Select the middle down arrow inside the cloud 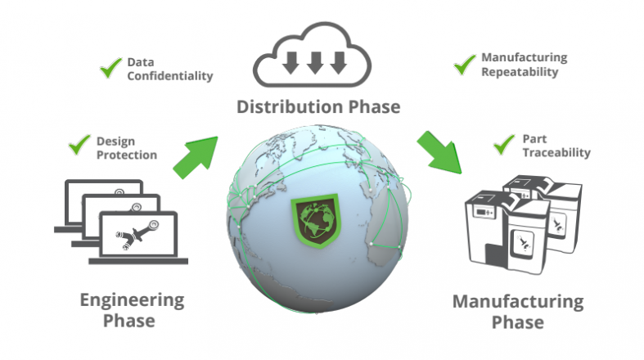click(x=315, y=63)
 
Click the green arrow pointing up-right click(x=196, y=158)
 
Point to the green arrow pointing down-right click(x=439, y=152)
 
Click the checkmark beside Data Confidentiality click(x=110, y=68)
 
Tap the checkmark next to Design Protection click(x=79, y=145)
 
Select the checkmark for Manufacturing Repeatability click(x=465, y=65)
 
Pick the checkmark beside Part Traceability click(x=503, y=145)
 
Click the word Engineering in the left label click(x=132, y=300)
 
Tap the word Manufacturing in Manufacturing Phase click(x=518, y=302)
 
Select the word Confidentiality click(x=170, y=76)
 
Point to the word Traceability click(x=556, y=153)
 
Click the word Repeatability click(x=520, y=72)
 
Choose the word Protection click(x=127, y=155)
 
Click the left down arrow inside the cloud click(x=291, y=63)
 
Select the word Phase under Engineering click(x=129, y=321)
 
